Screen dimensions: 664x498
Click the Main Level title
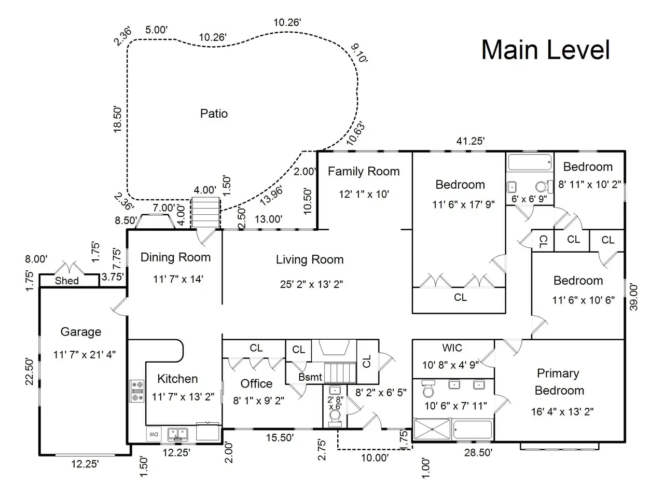tap(545, 50)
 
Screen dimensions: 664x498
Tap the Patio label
tap(214, 114)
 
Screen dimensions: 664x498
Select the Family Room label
tap(364, 171)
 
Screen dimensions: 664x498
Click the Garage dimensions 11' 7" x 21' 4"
tap(85, 354)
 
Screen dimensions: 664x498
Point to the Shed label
tap(66, 281)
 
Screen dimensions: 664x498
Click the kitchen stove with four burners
tap(137, 391)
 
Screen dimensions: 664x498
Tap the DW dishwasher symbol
tap(154, 434)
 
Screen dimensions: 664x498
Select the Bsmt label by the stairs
tap(310, 377)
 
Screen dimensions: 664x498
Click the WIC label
tap(452, 348)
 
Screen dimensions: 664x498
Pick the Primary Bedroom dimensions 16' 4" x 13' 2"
tap(562, 411)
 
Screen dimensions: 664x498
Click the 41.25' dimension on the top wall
tap(471, 141)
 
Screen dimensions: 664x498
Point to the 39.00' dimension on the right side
tap(633, 297)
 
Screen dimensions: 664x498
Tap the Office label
tap(256, 383)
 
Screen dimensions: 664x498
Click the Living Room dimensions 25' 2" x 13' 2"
tap(311, 284)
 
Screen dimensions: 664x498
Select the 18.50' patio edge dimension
tap(117, 119)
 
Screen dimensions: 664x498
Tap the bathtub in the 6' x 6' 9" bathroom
tap(530, 162)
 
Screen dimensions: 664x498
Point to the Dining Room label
tap(175, 257)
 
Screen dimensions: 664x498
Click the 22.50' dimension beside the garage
tap(29, 371)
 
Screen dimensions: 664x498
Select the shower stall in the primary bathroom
tap(432, 429)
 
